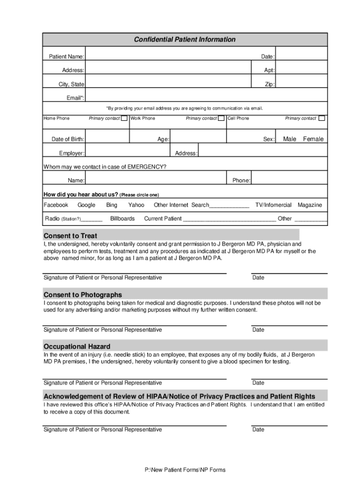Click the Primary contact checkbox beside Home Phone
click(x=124, y=118)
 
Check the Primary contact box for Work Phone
click(x=221, y=118)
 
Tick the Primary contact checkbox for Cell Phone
click(x=322, y=118)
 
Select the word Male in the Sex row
click(x=289, y=139)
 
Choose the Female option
click(x=313, y=139)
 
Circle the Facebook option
click(x=56, y=205)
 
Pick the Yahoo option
click(x=136, y=205)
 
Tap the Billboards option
click(x=122, y=218)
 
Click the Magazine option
click(x=310, y=205)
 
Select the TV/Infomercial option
click(x=274, y=205)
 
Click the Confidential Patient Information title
click(x=185, y=40)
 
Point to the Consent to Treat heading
click(x=70, y=236)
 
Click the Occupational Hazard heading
click(x=77, y=347)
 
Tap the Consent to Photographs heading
click(x=83, y=295)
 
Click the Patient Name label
click(x=67, y=57)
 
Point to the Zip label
click(x=270, y=85)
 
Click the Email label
click(x=75, y=98)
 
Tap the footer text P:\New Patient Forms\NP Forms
click(x=185, y=470)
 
